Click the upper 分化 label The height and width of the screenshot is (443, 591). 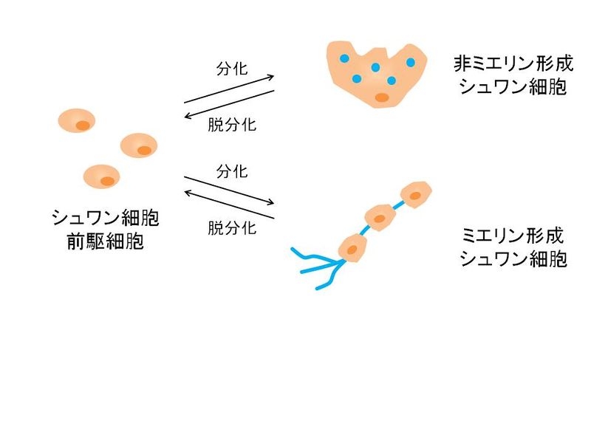pos(232,69)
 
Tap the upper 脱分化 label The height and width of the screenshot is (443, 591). pos(232,125)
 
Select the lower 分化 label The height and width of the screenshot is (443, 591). pos(232,172)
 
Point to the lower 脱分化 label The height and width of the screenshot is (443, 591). pos(232,228)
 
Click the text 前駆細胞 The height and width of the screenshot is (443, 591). pos(106,241)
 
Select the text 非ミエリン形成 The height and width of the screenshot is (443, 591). pos(513,63)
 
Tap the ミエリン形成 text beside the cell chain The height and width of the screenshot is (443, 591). pos(513,236)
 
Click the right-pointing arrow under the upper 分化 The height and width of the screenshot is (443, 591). pos(229,89)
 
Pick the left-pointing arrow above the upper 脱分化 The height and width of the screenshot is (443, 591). pos(229,104)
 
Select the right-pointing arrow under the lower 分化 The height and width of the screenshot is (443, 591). pos(229,190)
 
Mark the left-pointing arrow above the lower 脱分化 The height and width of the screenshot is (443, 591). pos(229,205)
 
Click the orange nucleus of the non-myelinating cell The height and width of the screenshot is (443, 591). pos(382,97)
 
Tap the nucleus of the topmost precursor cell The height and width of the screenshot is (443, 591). pos(83,126)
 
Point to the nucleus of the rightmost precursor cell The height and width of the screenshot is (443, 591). pos(144,151)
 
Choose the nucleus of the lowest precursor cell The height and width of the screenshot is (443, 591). pos(107,181)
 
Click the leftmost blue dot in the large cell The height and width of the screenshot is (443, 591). pos(344,58)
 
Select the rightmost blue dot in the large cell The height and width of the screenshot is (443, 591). pos(411,62)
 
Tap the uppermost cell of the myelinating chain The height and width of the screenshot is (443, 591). pos(416,195)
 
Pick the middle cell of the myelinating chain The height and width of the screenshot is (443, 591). pos(380,218)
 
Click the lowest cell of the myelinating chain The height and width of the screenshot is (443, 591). pos(353,248)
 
